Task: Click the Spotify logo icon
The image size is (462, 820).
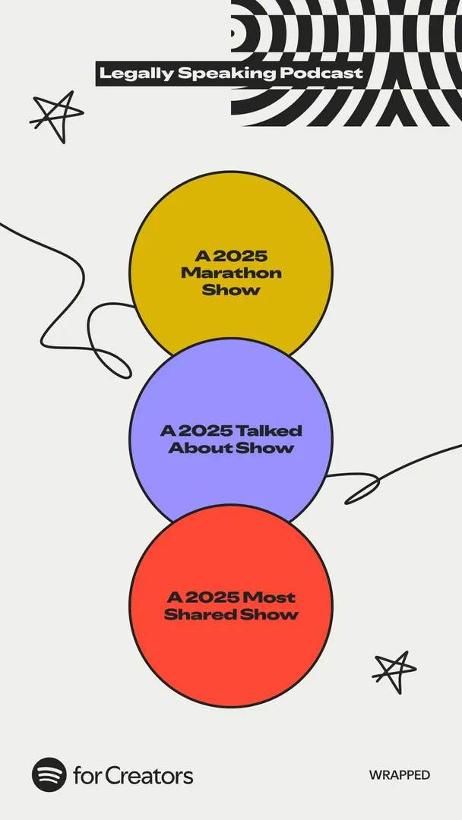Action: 49,774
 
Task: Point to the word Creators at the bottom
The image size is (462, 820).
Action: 149,775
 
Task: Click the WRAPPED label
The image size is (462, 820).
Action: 400,775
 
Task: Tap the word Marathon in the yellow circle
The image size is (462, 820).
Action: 231,273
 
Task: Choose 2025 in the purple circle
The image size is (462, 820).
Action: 206,431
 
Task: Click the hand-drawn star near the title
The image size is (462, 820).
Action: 56,116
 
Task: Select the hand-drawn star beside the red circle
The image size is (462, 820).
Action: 394,671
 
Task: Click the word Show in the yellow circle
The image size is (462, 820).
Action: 231,290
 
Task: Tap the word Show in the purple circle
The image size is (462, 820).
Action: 264,448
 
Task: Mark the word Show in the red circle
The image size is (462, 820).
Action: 269,614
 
